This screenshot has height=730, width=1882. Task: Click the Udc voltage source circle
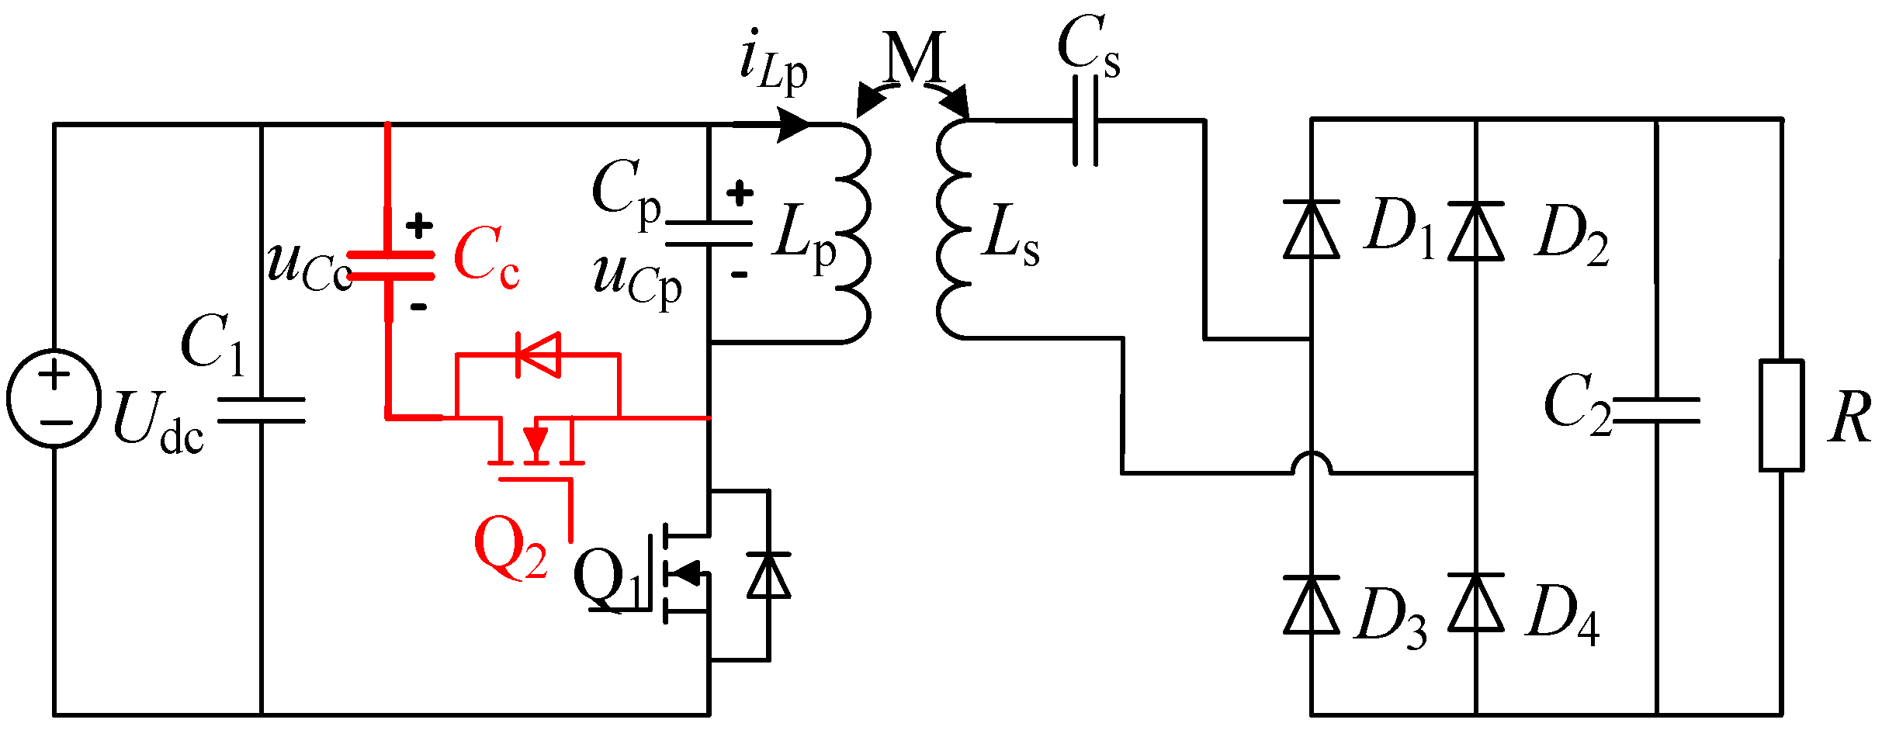[x=54, y=398]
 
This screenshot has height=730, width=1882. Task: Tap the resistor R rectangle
[x=1781, y=415]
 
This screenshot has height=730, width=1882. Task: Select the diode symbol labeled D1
[x=1312, y=229]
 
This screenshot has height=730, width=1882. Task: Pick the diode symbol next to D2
[x=1476, y=230]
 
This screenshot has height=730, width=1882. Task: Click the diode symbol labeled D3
[x=1312, y=605]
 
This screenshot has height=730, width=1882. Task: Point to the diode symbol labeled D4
[x=1476, y=603]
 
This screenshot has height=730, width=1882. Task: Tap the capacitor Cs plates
[x=1086, y=121]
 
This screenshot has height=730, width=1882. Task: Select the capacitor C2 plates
[x=1656, y=410]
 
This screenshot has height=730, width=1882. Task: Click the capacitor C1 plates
[x=262, y=410]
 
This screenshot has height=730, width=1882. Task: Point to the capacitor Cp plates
[x=709, y=234]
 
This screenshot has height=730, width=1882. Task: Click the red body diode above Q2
[x=539, y=355]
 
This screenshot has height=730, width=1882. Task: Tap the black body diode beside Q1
[x=768, y=576]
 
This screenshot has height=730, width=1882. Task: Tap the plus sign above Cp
[x=740, y=193]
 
